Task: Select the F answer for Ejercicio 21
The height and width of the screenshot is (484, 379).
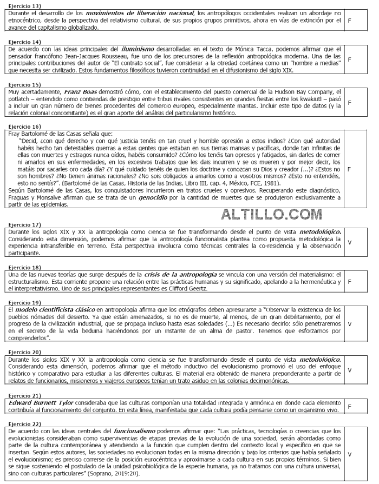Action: [x=349, y=406]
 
